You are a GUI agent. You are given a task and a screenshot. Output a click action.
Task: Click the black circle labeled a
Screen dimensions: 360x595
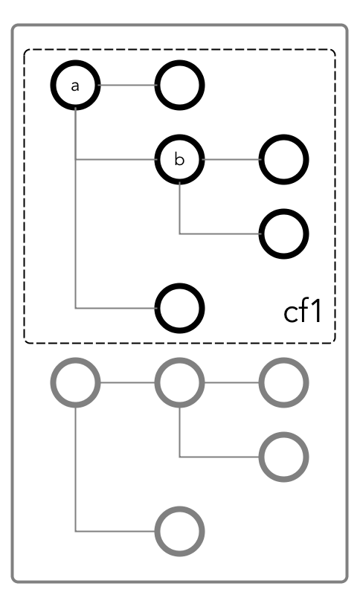[x=75, y=62]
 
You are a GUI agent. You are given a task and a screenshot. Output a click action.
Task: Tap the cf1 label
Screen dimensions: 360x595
[x=303, y=312]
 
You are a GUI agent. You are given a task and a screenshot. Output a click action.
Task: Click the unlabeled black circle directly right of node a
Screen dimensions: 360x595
[x=179, y=62]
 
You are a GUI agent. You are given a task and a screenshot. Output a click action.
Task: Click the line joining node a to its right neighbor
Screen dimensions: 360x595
[x=127, y=85]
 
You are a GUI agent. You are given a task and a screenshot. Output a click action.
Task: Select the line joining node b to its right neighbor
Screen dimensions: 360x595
[x=232, y=159]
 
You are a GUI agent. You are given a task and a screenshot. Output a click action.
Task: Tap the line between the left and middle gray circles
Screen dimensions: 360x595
[x=127, y=382]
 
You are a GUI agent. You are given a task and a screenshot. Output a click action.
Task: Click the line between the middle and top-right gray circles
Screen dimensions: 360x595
[x=232, y=382]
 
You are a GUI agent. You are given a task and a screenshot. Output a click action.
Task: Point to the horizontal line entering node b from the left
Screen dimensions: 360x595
[x=116, y=159]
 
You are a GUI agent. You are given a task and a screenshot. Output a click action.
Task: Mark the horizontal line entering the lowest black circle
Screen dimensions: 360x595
[x=116, y=308]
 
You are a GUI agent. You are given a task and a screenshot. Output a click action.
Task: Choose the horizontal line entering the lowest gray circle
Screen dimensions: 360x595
[x=116, y=531]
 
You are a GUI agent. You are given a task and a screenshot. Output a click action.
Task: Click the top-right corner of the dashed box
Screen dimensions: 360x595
[x=335, y=50]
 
